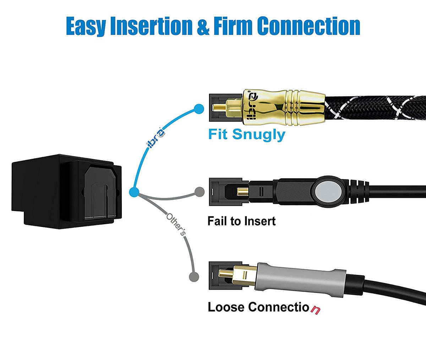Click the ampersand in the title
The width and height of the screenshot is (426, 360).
point(203,27)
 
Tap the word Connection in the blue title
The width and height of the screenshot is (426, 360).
point(308,26)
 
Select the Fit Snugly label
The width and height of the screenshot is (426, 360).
point(246,135)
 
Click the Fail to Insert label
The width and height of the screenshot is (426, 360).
point(241,221)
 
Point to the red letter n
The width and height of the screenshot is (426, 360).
point(315,309)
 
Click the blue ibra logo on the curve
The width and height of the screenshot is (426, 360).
point(155,138)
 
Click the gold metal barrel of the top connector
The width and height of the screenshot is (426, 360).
point(284,106)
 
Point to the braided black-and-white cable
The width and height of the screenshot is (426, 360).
point(376,106)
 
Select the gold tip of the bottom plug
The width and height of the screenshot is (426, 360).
point(227,273)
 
